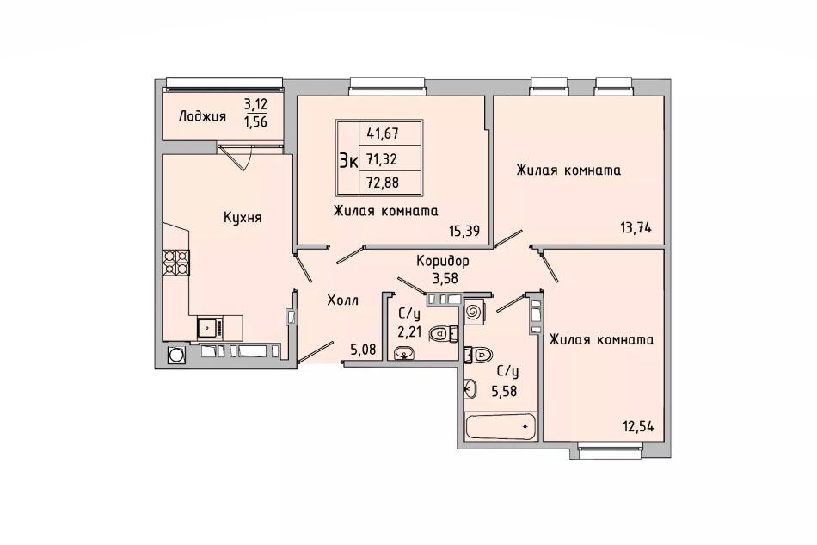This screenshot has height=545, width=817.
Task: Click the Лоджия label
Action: tap(202, 115)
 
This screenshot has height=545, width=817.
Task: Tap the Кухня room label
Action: tap(243, 218)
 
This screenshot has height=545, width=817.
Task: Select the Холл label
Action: tap(342, 300)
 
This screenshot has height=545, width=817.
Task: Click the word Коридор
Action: tap(442, 261)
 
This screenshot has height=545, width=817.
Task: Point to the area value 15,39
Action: tap(464, 231)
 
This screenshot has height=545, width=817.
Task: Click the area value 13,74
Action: tap(636, 228)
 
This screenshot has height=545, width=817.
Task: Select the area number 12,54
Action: tap(638, 426)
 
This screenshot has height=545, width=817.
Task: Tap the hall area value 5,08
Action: tap(363, 349)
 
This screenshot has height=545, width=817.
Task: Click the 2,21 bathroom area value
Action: tap(409, 331)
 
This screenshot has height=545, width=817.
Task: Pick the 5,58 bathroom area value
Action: tap(504, 391)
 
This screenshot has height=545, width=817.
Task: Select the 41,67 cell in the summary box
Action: tap(383, 133)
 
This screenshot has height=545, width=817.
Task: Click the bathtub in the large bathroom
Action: tap(501, 426)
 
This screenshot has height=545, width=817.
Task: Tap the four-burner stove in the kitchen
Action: tap(176, 263)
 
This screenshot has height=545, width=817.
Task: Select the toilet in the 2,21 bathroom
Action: tap(443, 332)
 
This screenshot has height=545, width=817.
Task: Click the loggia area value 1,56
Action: tap(255, 122)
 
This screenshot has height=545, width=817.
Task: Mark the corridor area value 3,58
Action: tap(445, 278)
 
